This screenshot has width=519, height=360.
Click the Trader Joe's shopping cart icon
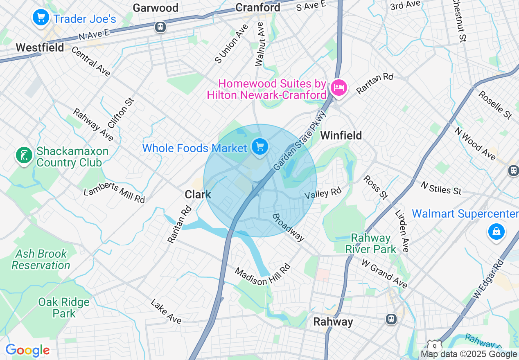(41, 18)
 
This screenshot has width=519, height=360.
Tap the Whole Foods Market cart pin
(260, 147)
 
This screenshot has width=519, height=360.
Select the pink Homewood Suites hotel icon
(339, 88)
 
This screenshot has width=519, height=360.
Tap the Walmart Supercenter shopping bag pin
(496, 232)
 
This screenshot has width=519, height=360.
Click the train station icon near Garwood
(160, 27)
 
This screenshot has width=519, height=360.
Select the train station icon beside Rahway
(391, 319)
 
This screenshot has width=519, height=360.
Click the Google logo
(27, 350)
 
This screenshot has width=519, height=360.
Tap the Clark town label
(198, 194)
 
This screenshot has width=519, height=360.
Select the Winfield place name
(341, 135)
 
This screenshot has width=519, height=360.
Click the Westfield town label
(40, 47)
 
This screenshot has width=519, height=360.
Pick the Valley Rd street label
(323, 193)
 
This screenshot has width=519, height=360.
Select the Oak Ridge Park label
(64, 308)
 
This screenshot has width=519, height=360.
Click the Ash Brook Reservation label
(41, 259)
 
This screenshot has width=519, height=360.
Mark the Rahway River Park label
(371, 243)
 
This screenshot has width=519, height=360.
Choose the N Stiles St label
(441, 187)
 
